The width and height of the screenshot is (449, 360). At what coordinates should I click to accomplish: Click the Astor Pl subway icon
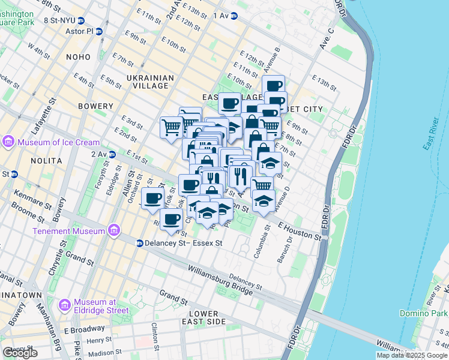click(x=99, y=31)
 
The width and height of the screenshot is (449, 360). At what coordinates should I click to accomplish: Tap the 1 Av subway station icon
click(x=234, y=16)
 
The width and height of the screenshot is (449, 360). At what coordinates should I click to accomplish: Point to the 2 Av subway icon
click(x=112, y=154)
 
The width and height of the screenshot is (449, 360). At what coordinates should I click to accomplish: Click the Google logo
click(x=20, y=353)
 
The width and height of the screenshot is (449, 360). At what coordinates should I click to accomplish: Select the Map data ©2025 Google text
click(x=411, y=355)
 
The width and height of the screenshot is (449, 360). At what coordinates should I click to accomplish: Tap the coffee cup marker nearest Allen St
click(x=152, y=197)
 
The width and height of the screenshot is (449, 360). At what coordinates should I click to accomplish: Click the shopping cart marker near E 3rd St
click(x=171, y=127)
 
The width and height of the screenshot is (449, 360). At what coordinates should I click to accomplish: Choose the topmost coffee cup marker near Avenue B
click(x=273, y=85)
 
